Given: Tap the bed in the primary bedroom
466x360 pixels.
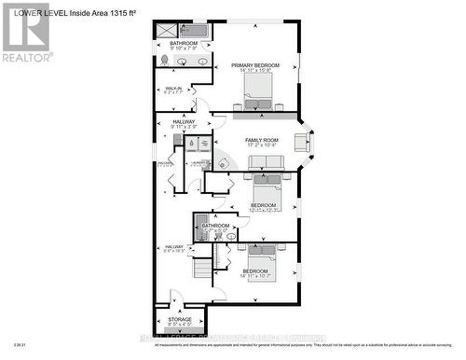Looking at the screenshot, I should [258, 90].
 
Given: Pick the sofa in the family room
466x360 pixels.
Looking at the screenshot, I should [265, 167].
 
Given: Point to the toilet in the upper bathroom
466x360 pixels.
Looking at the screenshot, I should [164, 60].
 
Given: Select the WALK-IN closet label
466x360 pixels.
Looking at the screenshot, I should [173, 90].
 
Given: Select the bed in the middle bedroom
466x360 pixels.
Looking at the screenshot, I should [264, 190].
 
